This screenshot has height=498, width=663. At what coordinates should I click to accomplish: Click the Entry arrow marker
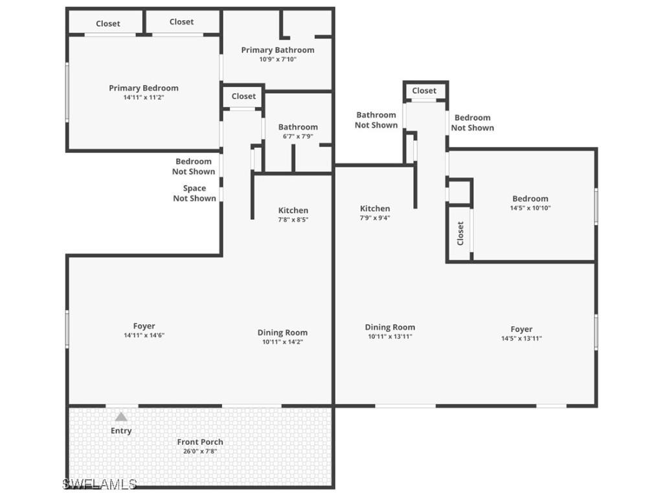pos(121,417)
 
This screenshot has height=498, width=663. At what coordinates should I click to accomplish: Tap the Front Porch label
pos(200,442)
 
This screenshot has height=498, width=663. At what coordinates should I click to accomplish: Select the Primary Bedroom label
pos(144,88)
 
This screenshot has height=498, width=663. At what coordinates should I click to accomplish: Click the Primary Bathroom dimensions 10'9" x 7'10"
pos(278,60)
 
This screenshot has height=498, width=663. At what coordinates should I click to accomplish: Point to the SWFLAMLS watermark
pos(100,484)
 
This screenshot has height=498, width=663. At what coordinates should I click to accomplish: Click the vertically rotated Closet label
pos(460,233)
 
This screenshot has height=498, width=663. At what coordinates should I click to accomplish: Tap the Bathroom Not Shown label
pos(376,120)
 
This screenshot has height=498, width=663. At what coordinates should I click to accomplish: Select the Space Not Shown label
pos(194,193)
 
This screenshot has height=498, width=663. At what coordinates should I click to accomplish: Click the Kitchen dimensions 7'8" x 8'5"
pos(293,220)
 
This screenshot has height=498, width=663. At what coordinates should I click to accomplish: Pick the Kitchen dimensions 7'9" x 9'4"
pos(376,218)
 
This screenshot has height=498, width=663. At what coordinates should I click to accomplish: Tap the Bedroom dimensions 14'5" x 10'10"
pos(530,208)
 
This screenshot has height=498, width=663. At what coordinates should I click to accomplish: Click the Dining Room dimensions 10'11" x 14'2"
pos(282,342)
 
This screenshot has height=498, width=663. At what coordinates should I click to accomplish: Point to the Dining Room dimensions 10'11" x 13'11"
pos(390,337)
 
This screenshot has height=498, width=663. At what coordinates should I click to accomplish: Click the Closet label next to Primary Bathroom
pos(243,96)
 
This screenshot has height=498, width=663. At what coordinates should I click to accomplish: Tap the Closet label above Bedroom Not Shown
pos(424,91)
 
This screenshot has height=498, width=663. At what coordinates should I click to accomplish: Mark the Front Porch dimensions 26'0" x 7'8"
pos(200,451)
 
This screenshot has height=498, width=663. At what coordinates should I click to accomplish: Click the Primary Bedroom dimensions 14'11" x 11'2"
pos(144,97)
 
